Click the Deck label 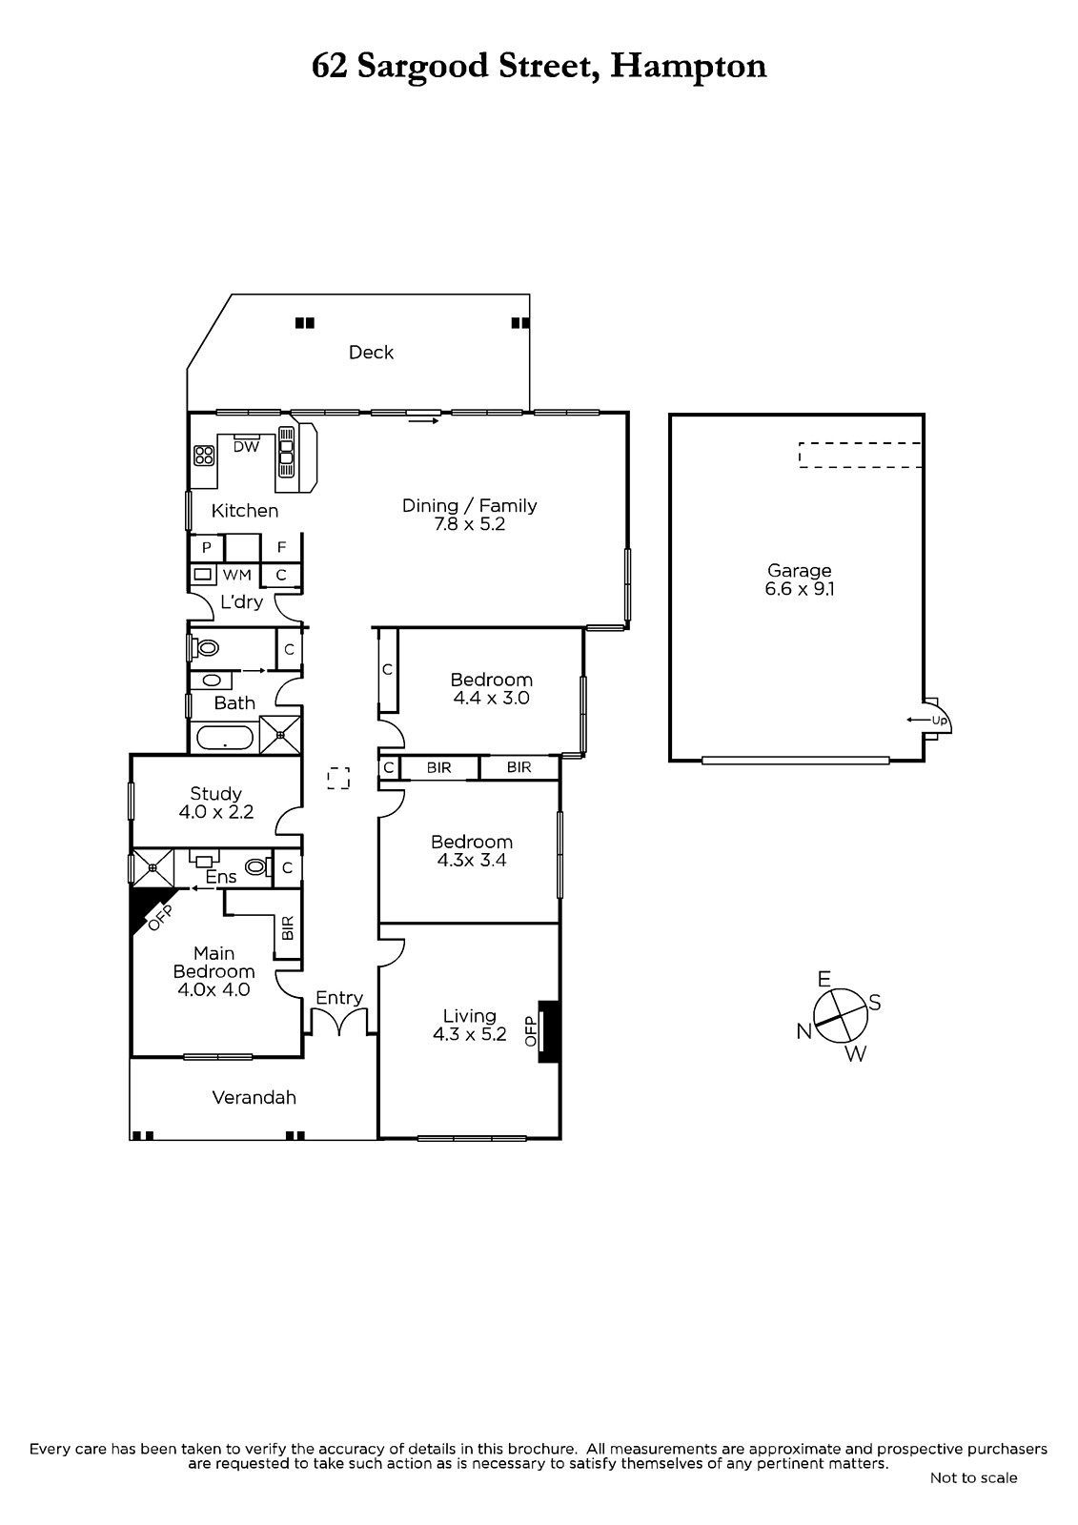371,352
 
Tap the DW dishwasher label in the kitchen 247,447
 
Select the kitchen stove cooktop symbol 204,455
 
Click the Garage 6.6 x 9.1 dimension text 800,589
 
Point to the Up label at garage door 939,721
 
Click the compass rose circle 841,1016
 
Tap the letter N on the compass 804,1032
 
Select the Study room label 215,793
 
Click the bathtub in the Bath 225,738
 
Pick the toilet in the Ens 256,866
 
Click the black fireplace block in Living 549,1031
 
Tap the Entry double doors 339,1021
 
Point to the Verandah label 254,1097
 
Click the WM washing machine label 237,576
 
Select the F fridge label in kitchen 281,547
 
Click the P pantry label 207,547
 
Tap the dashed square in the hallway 338,778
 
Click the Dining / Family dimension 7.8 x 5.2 470,524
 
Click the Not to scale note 974,1477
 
